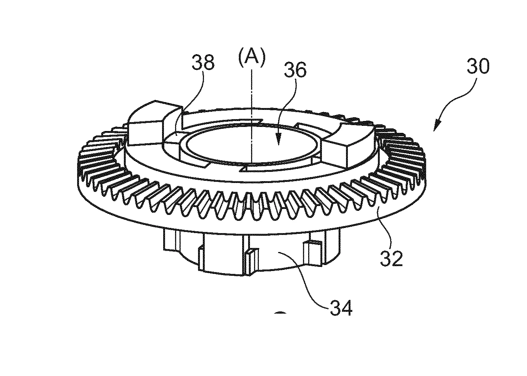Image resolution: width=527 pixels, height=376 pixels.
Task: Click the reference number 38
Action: [203, 62]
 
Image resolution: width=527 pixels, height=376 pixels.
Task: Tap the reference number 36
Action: [295, 70]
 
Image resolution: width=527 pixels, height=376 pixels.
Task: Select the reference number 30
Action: [478, 66]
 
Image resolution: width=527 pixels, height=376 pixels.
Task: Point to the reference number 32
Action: [392, 258]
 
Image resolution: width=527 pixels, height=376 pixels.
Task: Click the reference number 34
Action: [341, 308]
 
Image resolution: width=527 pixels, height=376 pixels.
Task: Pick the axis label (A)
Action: [252, 56]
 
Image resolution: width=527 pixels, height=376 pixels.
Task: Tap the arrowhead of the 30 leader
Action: [437, 125]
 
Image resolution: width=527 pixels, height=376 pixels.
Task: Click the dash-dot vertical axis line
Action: [251, 115]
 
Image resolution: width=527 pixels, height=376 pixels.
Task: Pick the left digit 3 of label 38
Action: [197, 62]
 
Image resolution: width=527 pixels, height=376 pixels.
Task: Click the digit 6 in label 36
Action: [301, 70]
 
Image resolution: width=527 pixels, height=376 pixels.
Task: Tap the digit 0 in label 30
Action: [484, 66]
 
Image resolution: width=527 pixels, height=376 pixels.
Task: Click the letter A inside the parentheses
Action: [252, 56]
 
